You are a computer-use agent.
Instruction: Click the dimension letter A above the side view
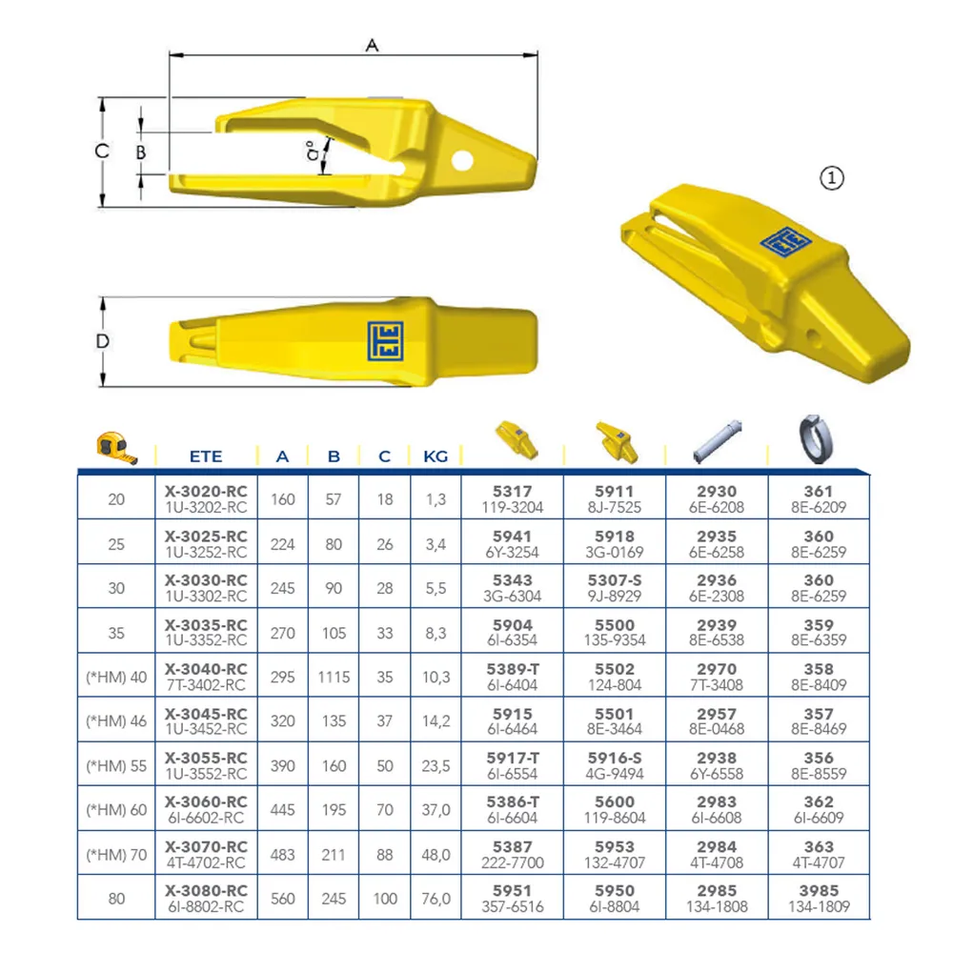pyautogui.click(x=372, y=45)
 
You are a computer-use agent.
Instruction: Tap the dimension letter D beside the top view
pyautogui.click(x=103, y=341)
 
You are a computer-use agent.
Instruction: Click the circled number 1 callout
pyautogui.click(x=831, y=178)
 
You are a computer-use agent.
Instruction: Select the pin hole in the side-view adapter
pyautogui.click(x=462, y=161)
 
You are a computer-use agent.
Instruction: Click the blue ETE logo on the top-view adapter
pyautogui.click(x=385, y=341)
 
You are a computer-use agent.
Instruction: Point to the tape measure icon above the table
pyautogui.click(x=116, y=447)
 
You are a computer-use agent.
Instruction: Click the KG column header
pyautogui.click(x=436, y=456)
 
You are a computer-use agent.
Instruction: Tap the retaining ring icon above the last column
pyautogui.click(x=815, y=438)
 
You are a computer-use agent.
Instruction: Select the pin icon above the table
pyautogui.click(x=718, y=440)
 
